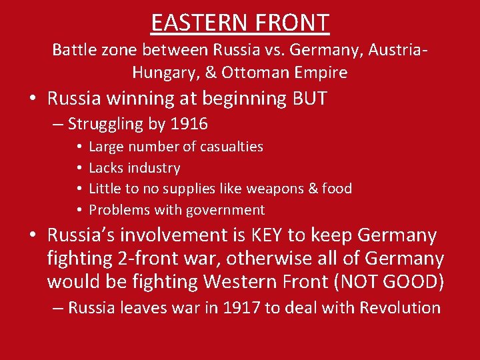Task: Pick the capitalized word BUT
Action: [310, 99]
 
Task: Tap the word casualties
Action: [231, 147]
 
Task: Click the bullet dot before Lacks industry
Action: [79, 168]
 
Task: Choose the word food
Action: [336, 189]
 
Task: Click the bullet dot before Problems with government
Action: [79, 210]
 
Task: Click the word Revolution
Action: [400, 307]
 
